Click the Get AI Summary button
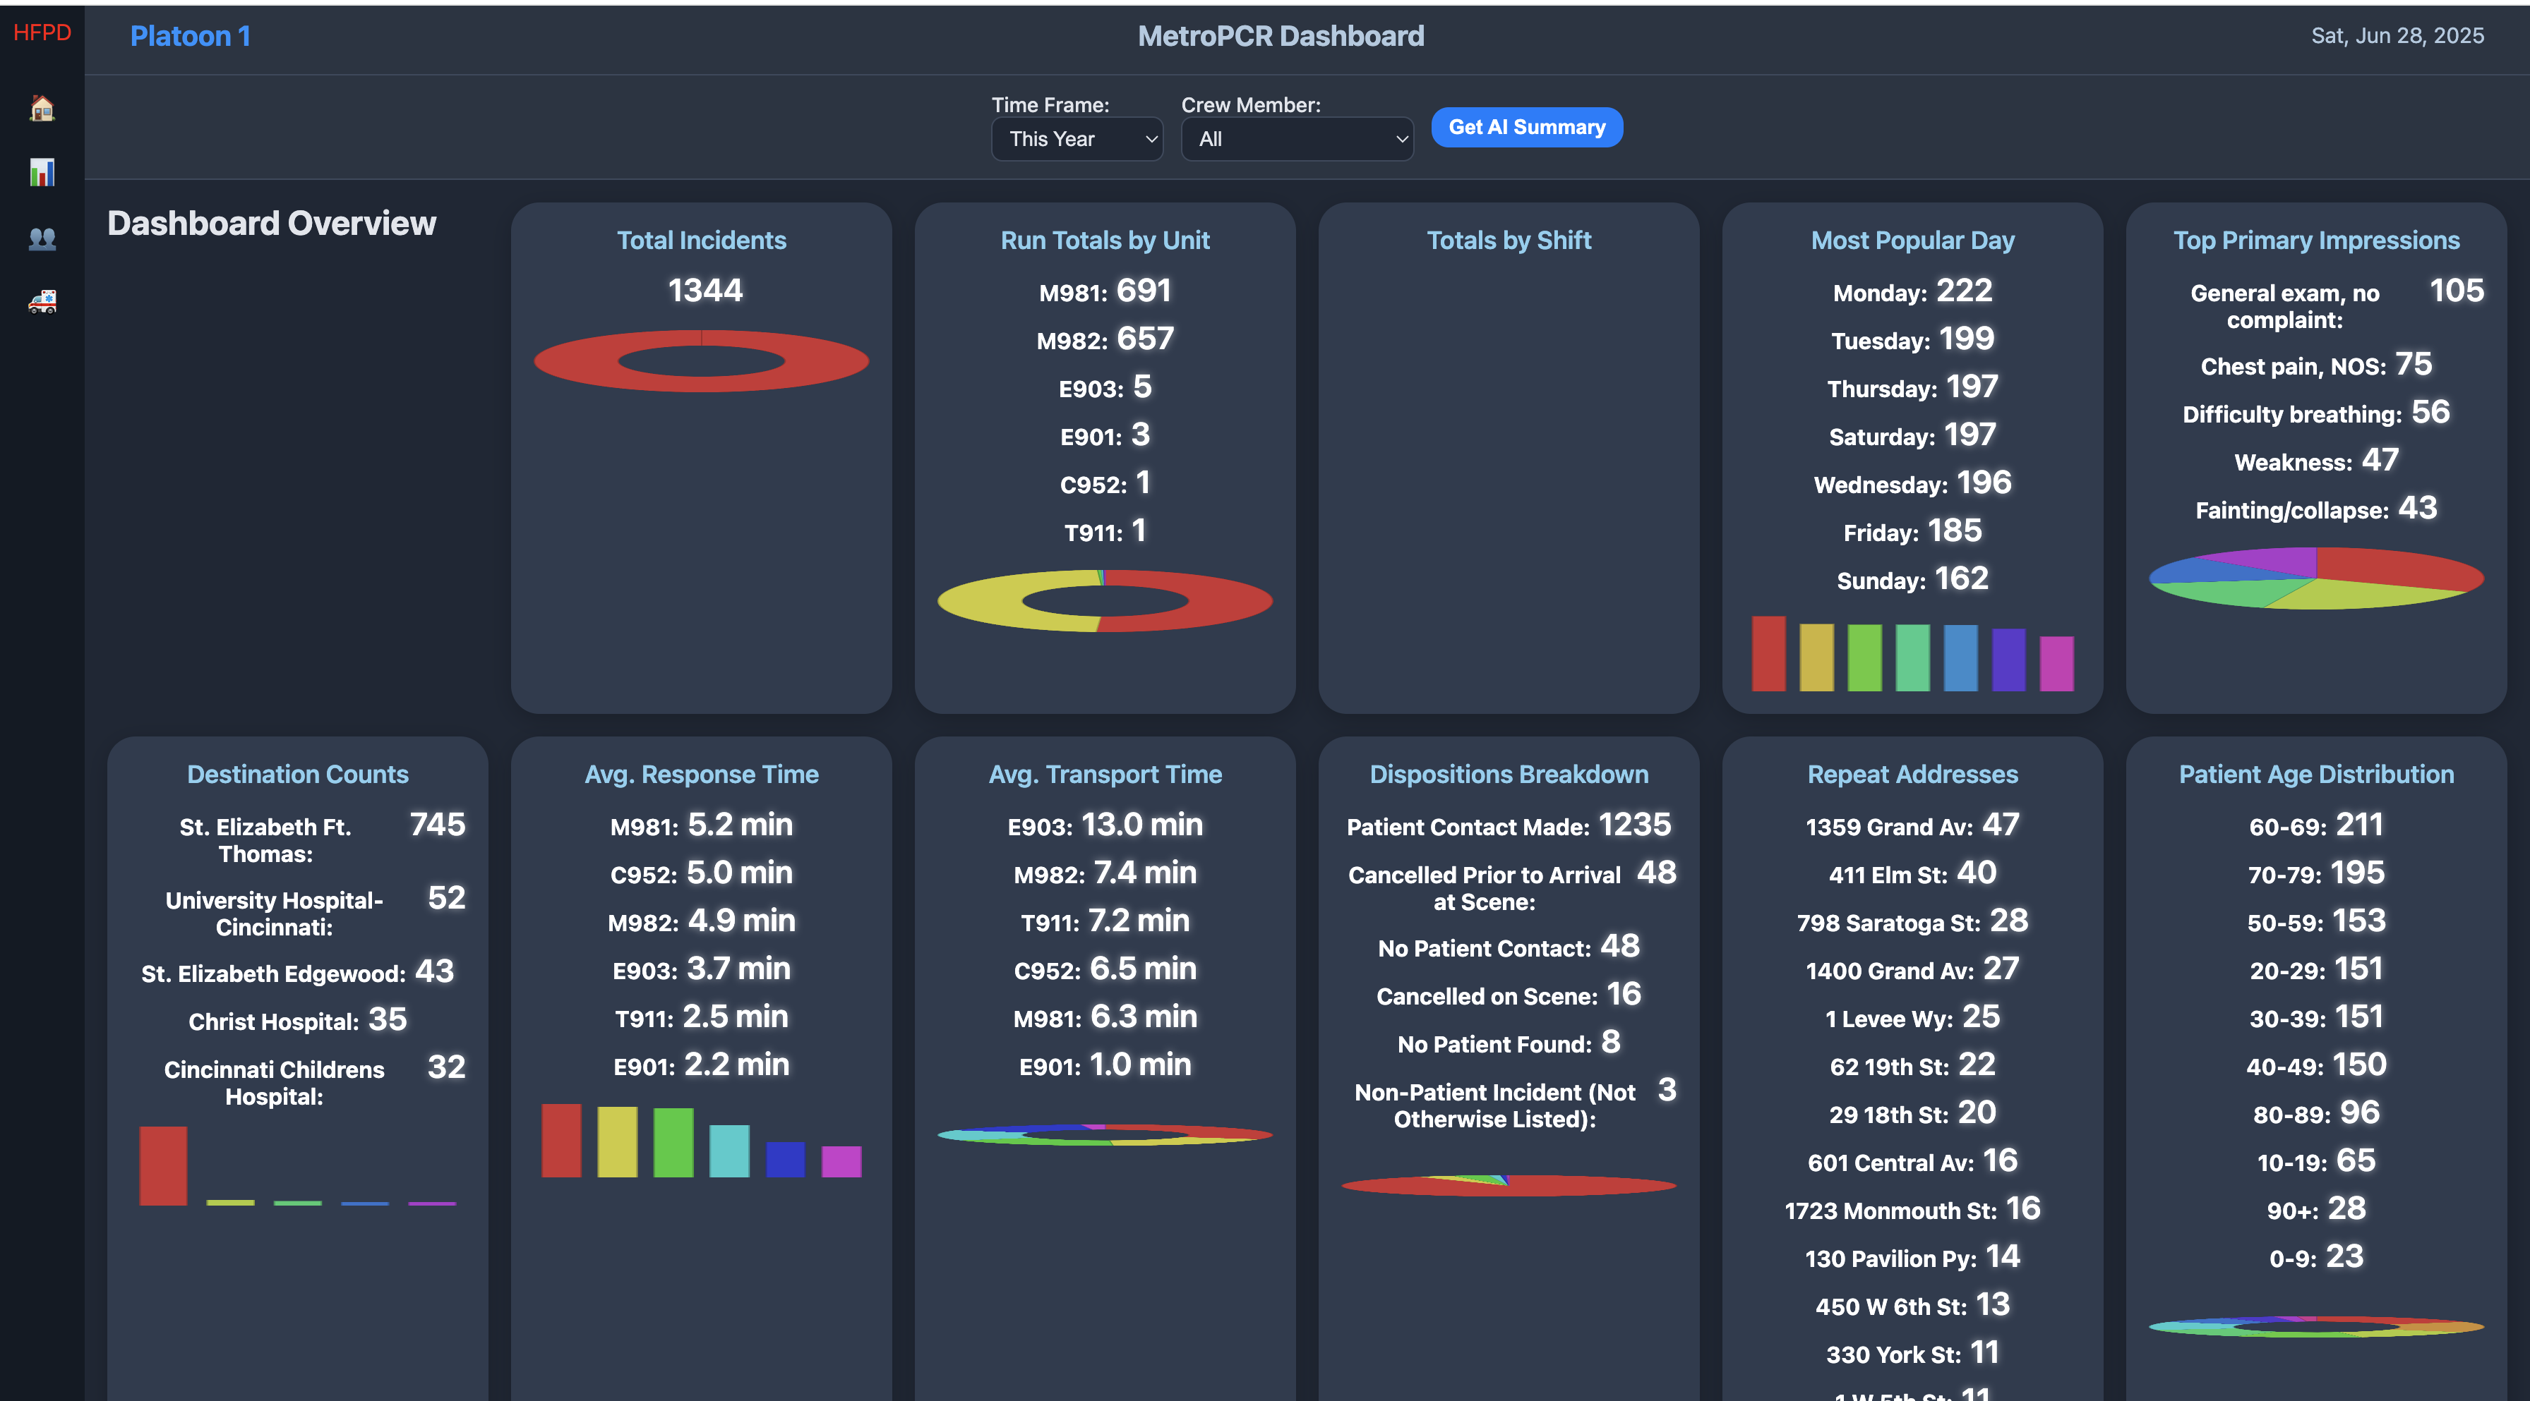click(x=1526, y=128)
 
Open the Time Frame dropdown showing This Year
click(x=1077, y=140)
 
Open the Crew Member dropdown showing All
click(x=1297, y=140)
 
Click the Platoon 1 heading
click(x=191, y=36)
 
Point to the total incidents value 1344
click(x=705, y=291)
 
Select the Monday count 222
click(x=1963, y=291)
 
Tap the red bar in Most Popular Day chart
click(x=1768, y=654)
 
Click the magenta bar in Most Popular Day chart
click(x=2056, y=664)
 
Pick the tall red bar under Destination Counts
click(x=163, y=1165)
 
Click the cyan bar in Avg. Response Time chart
click(x=729, y=1151)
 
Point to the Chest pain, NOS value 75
click(x=2413, y=364)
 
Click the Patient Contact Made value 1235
click(x=1634, y=825)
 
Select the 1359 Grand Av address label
click(x=1888, y=827)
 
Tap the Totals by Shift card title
click(x=1509, y=241)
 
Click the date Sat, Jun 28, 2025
click(x=2397, y=36)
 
